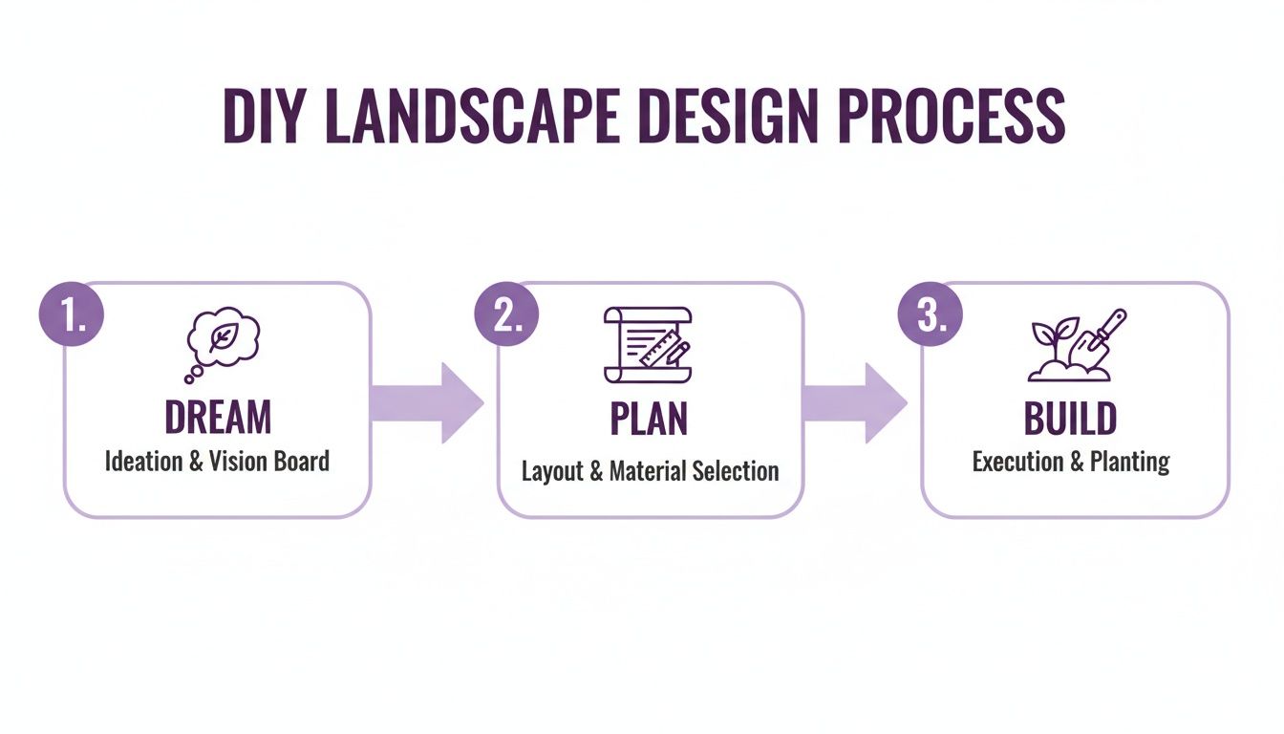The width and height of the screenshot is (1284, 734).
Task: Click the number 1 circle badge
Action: [70, 315]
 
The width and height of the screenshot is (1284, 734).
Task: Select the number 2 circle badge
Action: [505, 315]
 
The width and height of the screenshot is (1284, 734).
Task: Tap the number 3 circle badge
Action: [931, 315]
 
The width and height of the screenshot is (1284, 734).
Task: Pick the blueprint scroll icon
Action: [648, 344]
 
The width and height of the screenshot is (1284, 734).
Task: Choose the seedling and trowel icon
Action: [1077, 345]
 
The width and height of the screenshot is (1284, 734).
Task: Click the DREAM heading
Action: [218, 418]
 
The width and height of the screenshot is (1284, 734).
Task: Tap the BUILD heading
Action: [1070, 419]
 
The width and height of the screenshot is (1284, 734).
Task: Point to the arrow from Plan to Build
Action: [853, 401]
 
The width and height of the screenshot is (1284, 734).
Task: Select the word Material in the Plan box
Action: [653, 471]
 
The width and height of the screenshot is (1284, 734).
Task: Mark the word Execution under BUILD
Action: [1015, 462]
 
